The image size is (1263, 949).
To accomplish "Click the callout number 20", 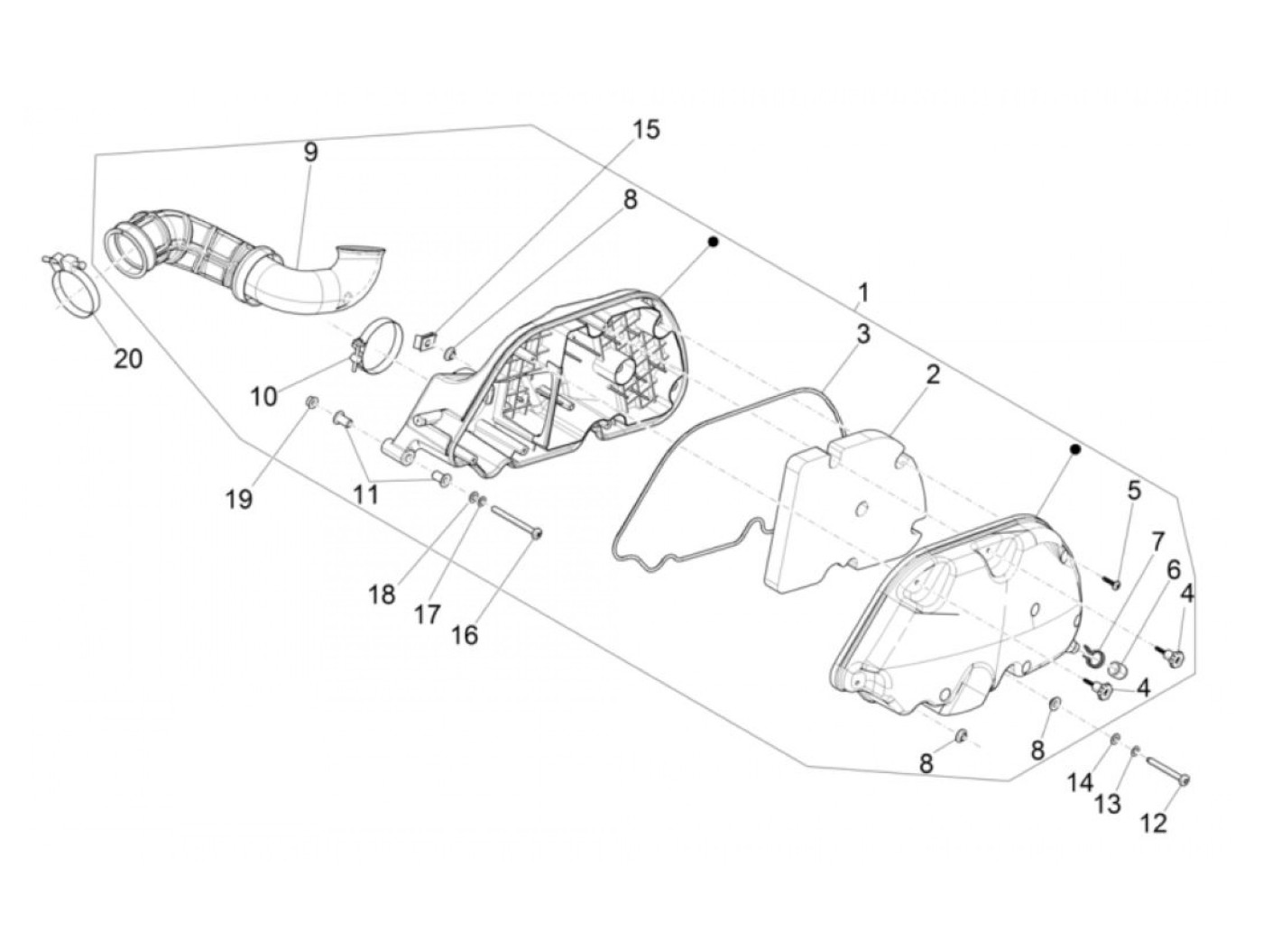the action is (128, 358).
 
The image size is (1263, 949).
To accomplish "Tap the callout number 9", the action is (310, 152).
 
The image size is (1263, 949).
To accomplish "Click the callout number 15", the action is (646, 129).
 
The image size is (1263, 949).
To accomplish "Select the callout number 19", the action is (239, 499).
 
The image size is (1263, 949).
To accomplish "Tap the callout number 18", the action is (382, 594).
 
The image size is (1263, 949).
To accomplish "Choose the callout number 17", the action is (428, 614).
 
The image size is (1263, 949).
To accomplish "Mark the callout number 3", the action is (863, 334).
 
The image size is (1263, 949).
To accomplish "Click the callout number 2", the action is (932, 374).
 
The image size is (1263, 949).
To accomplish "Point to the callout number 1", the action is (863, 292).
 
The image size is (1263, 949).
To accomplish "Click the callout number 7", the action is (1157, 543).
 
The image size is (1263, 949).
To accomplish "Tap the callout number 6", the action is (1174, 570).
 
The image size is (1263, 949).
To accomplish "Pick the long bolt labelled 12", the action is (1168, 771).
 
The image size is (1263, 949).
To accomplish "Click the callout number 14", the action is (1080, 783).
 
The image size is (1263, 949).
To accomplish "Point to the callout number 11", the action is (366, 495).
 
